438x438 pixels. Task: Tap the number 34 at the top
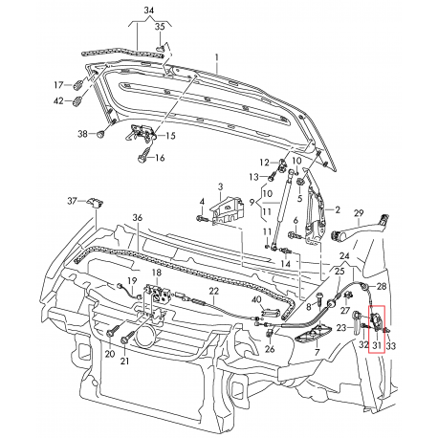click(147, 11)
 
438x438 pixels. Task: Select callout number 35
click(161, 26)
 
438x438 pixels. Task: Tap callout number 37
click(71, 201)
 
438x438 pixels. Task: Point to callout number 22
click(215, 290)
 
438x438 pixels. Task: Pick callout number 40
click(255, 300)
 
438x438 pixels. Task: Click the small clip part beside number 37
click(97, 203)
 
